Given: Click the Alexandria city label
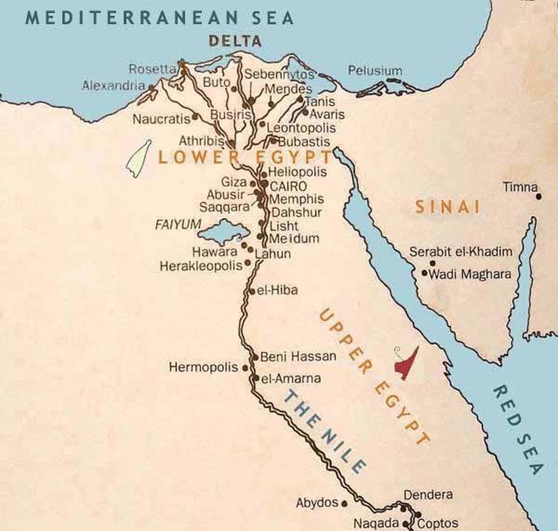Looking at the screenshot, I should [x=113, y=86].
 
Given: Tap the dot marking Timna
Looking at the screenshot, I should [x=539, y=196].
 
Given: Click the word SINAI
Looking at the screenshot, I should [x=448, y=208].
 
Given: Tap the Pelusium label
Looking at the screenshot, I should [x=375, y=70].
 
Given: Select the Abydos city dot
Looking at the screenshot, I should [x=344, y=503].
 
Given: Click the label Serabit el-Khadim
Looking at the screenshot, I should [x=461, y=252].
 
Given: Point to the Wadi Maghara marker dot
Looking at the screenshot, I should [x=425, y=274].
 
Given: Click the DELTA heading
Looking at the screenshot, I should [x=235, y=41].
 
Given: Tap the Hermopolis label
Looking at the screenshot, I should [x=203, y=366].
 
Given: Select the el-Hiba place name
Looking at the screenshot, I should [x=277, y=291].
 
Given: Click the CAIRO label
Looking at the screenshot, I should [x=289, y=186].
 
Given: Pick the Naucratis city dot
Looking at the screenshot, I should [x=195, y=118].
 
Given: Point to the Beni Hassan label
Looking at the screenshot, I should [x=298, y=356].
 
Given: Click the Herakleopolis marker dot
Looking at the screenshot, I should [x=248, y=264].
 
